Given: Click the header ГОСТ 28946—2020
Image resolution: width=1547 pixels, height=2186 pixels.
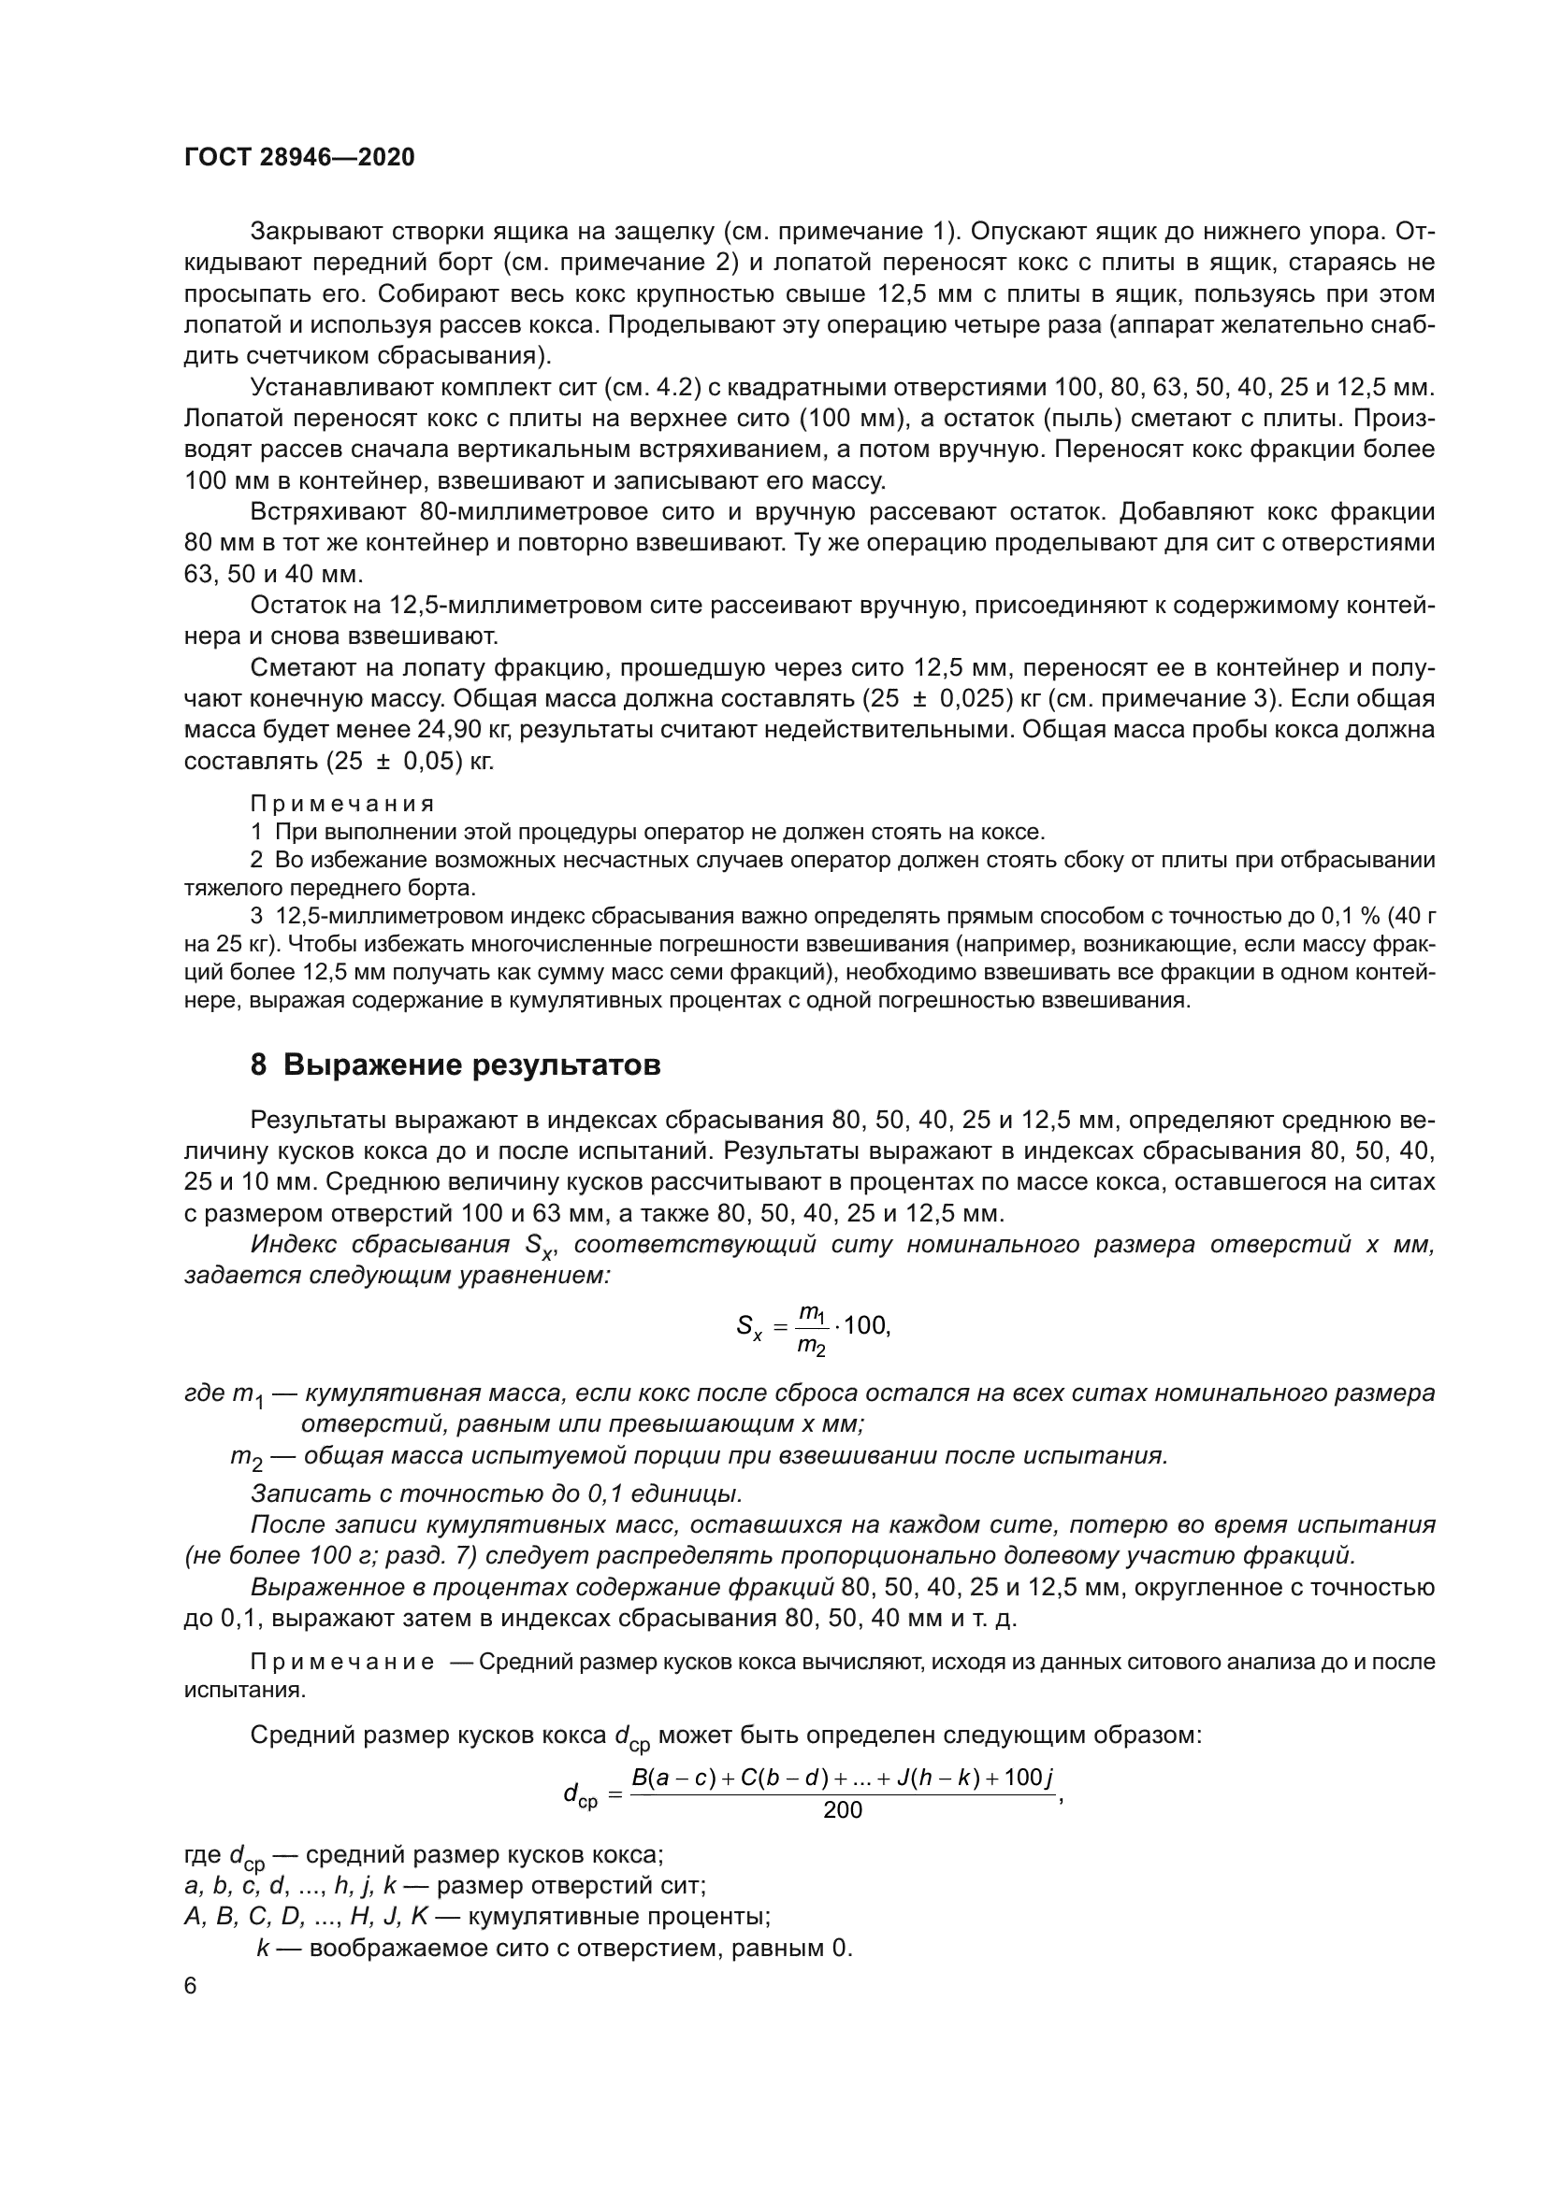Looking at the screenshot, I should click(x=299, y=157).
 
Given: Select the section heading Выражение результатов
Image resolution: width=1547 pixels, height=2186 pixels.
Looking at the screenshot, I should click(x=471, y=1064).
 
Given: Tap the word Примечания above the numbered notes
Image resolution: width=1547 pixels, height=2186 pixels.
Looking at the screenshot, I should click(x=342, y=804).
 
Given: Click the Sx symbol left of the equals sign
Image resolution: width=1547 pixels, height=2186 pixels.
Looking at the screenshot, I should click(x=749, y=1326).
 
